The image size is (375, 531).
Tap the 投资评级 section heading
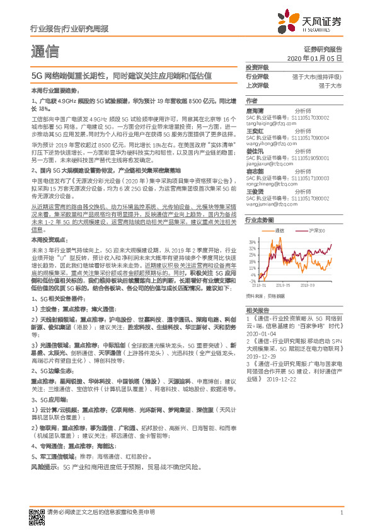(257, 67)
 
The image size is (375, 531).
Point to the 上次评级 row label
(257, 85)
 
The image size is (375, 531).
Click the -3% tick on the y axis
(253, 281)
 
